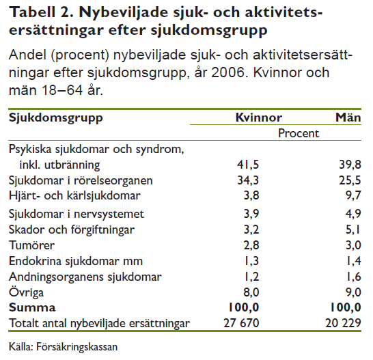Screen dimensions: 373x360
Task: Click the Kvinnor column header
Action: click(x=259, y=117)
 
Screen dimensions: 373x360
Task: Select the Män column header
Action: click(x=348, y=117)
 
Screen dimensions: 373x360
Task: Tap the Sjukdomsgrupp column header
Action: click(x=55, y=118)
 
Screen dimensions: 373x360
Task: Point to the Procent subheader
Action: click(x=299, y=133)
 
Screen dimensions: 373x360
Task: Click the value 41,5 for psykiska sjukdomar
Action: click(x=248, y=165)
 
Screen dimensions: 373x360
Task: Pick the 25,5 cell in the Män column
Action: click(x=350, y=180)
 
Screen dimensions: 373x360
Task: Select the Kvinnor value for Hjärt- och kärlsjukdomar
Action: click(x=251, y=195)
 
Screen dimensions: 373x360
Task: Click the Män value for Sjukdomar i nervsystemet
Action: click(x=353, y=214)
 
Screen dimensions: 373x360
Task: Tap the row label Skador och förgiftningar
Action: click(x=72, y=230)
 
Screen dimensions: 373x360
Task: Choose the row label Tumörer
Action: click(x=31, y=245)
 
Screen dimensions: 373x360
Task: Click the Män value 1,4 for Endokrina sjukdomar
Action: click(x=354, y=261)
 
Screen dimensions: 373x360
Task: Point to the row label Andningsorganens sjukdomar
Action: click(x=85, y=277)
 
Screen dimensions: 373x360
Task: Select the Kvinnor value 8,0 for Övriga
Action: click(x=251, y=292)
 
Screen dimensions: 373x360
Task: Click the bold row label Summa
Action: click(x=32, y=307)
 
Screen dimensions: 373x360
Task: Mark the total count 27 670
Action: click(x=241, y=323)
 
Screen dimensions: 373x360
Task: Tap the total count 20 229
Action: click(x=343, y=323)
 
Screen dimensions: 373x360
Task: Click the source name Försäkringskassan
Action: click(x=77, y=347)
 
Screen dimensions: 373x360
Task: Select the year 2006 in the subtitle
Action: click(x=228, y=72)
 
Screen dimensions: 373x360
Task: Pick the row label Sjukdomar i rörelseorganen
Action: click(x=81, y=181)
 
